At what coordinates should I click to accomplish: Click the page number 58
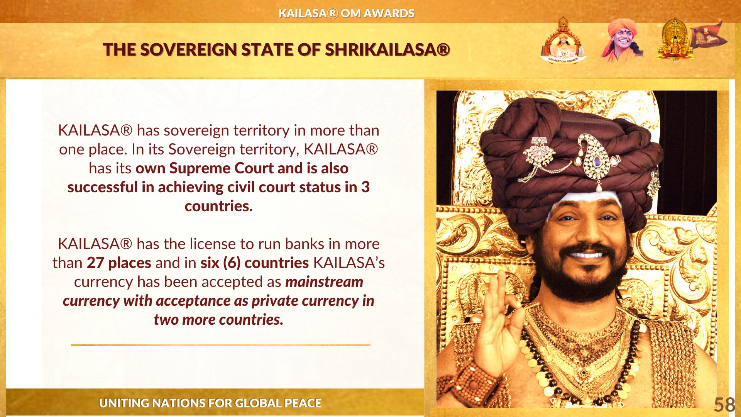724,405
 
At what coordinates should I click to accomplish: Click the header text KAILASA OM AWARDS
347,14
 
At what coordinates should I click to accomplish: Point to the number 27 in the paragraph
95,263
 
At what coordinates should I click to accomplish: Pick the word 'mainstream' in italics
324,282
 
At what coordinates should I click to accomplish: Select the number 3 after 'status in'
365,187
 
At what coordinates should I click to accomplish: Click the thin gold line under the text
221,345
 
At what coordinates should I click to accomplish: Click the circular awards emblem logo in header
563,41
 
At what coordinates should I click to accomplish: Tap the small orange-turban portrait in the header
622,40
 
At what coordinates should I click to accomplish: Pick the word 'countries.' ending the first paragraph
218,206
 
